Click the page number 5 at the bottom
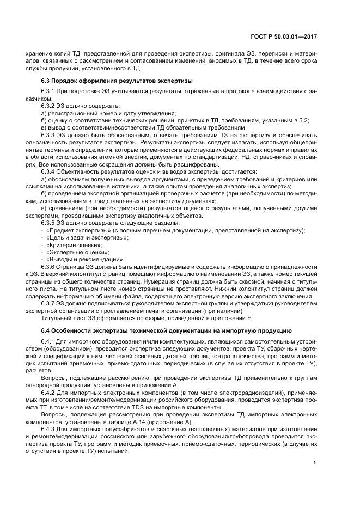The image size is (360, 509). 315,463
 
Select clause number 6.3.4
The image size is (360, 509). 48,171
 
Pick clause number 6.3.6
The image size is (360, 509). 48,267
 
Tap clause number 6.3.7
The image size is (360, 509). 48,302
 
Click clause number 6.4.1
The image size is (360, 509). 48,341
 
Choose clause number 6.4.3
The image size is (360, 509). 48,426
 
